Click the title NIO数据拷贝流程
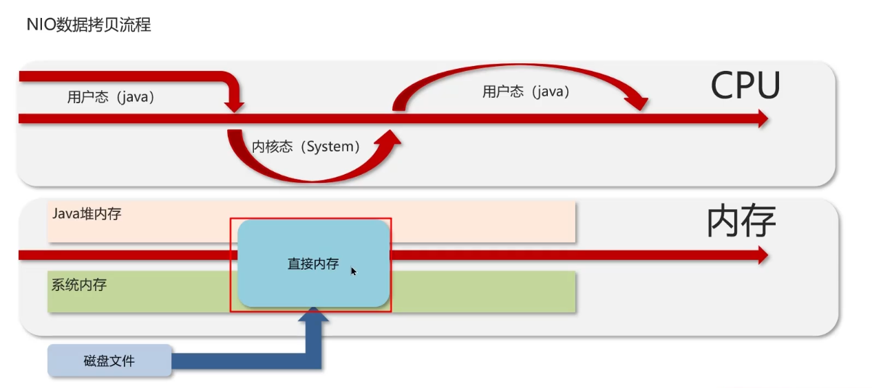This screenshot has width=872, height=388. (x=89, y=25)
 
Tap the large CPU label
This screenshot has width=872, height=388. (x=745, y=85)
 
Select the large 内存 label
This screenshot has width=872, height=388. (x=741, y=221)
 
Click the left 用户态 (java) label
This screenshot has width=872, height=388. (x=111, y=97)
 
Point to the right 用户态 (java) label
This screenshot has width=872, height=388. (x=527, y=92)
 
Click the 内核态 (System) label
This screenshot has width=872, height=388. (x=306, y=147)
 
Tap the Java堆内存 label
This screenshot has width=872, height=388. (x=87, y=214)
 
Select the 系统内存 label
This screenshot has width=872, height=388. (x=79, y=285)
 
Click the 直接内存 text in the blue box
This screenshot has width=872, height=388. (x=313, y=264)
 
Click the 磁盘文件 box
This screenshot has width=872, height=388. (x=109, y=360)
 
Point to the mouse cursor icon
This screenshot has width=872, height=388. (x=354, y=271)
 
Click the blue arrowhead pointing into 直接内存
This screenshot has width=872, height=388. (x=313, y=314)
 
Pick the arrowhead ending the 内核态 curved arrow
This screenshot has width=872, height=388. (x=388, y=138)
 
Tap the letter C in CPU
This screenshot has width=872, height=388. (x=723, y=85)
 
